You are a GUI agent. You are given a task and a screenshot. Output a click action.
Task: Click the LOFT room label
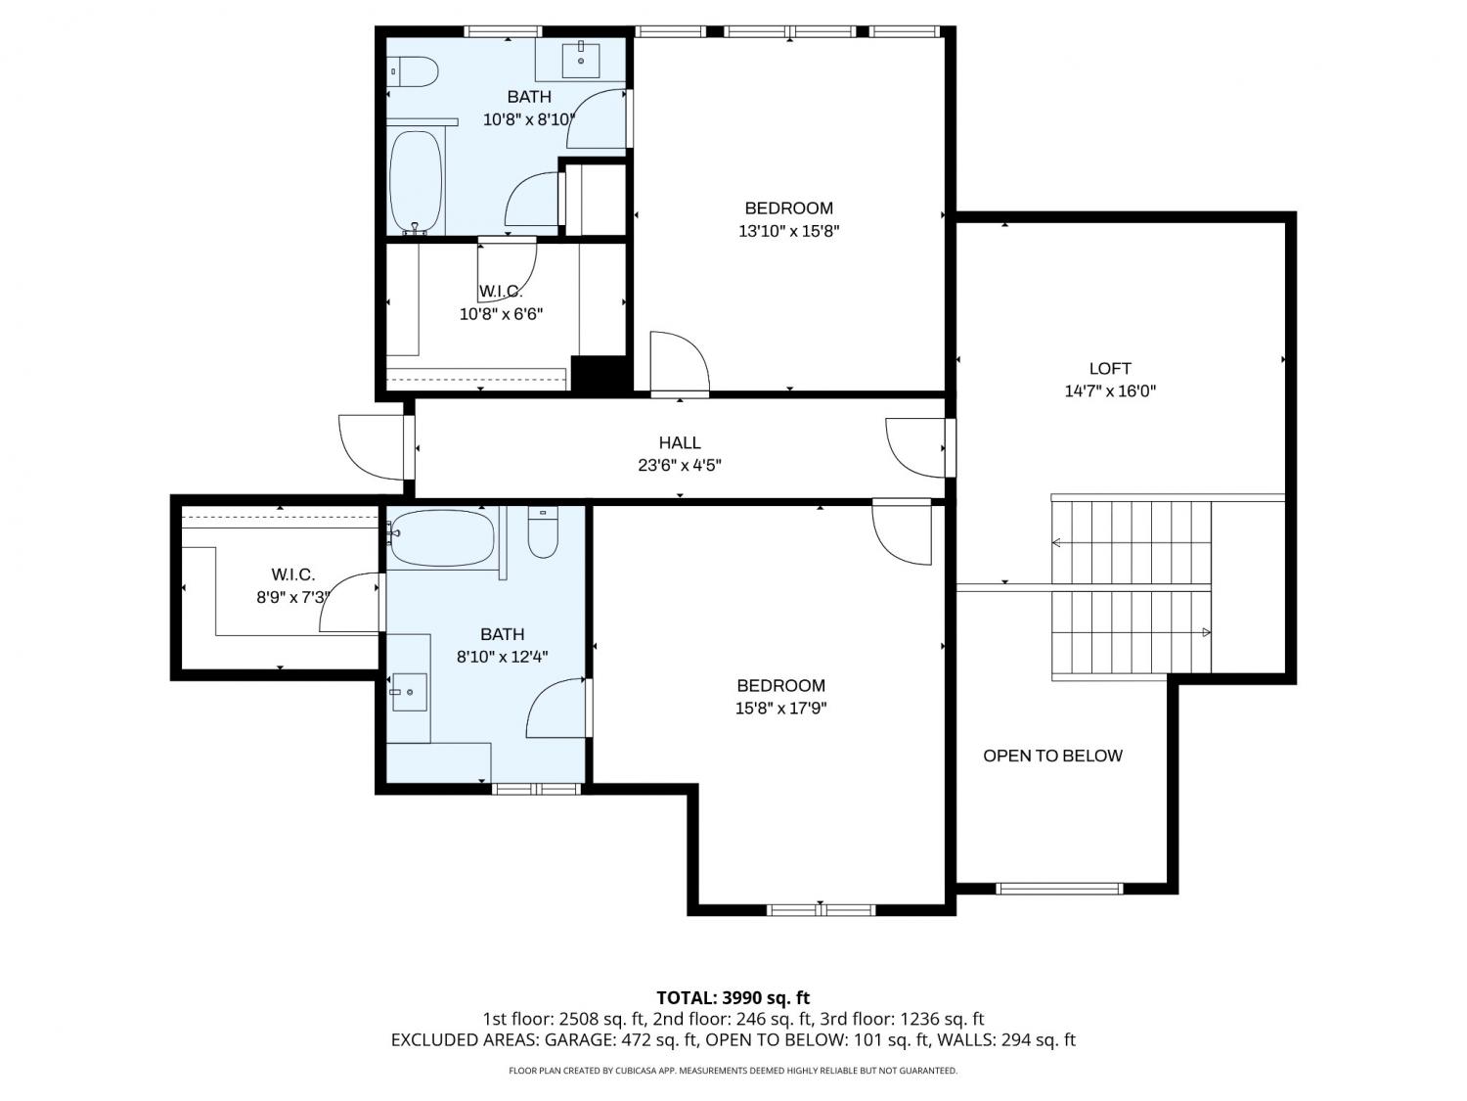coord(1109,368)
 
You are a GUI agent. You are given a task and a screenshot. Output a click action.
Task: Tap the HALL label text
coord(679,442)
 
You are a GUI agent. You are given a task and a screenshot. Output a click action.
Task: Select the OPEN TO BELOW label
coord(1052,756)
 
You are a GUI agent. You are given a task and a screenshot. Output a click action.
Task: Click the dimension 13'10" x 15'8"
coord(788,231)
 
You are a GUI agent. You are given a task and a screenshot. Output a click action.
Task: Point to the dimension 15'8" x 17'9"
coord(780,708)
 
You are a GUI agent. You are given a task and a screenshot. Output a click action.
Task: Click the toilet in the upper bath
coord(413,71)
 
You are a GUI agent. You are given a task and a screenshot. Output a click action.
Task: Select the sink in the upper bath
coord(580,60)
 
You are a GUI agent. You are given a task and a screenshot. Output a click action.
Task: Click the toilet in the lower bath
coord(543,532)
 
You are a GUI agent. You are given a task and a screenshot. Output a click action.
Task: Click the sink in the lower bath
coord(409,692)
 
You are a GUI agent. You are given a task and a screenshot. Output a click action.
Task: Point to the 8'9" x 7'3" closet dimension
coord(293,597)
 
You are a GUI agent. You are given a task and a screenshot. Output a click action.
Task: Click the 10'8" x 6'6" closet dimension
coord(501,313)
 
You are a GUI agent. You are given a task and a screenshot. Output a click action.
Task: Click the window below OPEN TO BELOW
coord(1058,889)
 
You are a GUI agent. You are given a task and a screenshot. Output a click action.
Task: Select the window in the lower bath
coord(537,789)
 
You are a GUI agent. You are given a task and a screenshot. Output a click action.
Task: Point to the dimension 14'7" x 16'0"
coord(1109,391)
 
